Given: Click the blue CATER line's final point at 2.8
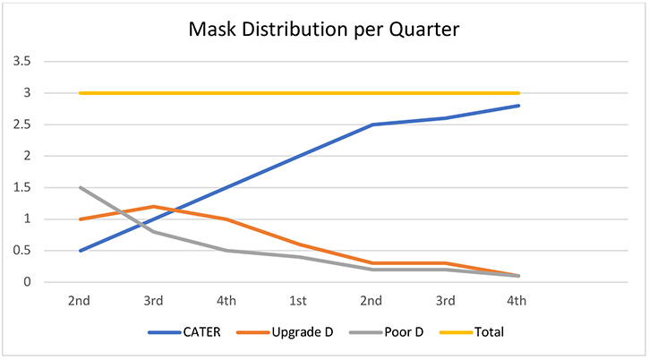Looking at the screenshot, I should coord(519,106).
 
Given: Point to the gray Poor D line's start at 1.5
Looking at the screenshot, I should coord(81,187).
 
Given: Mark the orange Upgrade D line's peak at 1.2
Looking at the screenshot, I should coord(154,206).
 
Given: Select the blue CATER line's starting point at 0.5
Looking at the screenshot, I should coord(81,251).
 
